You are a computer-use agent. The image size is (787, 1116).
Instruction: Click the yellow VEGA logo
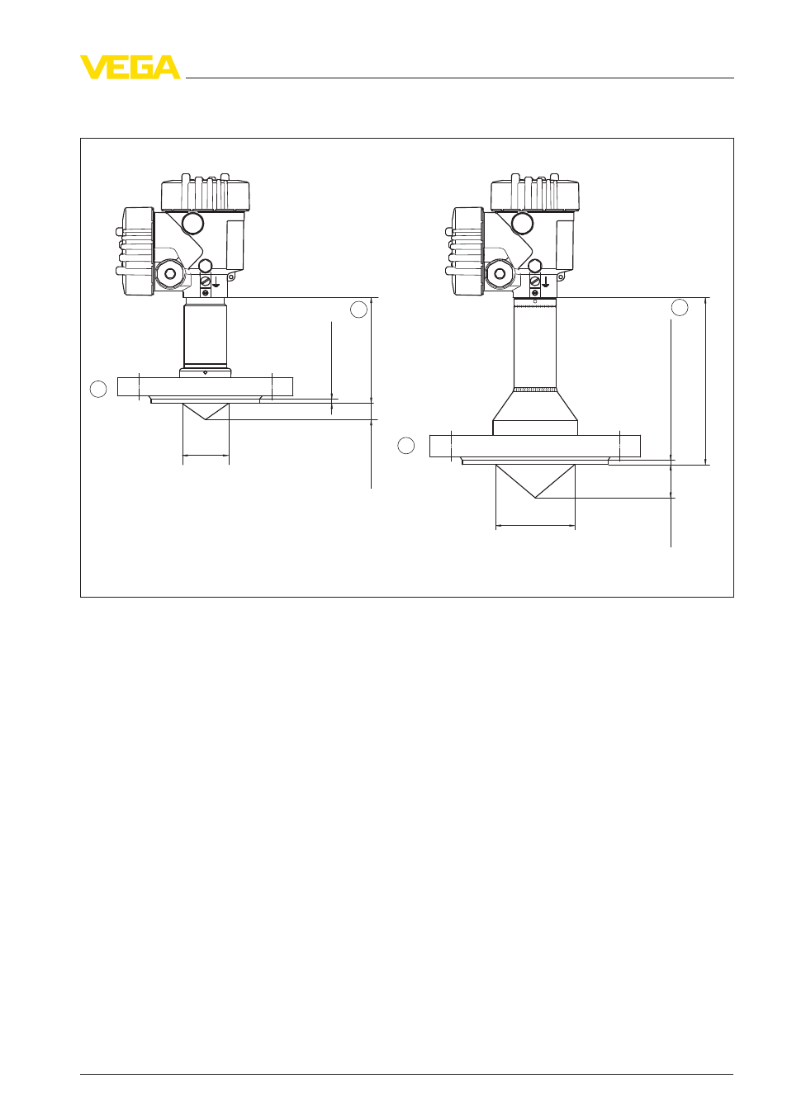pyautogui.click(x=130, y=67)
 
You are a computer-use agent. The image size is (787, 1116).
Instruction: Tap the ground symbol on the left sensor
pyautogui.click(x=216, y=282)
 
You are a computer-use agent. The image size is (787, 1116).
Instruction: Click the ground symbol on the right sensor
pyautogui.click(x=546, y=282)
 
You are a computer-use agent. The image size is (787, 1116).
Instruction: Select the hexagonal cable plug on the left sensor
pyautogui.click(x=169, y=273)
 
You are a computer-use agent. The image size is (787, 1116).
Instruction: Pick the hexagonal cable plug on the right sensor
pyautogui.click(x=499, y=273)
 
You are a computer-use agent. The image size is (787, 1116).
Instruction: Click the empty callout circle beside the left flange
pyautogui.click(x=98, y=389)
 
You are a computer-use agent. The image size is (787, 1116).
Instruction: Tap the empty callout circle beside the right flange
pyautogui.click(x=405, y=446)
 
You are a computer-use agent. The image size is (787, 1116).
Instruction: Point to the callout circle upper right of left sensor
pyautogui.click(x=359, y=310)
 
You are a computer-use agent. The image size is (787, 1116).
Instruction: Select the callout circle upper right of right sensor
pyautogui.click(x=680, y=307)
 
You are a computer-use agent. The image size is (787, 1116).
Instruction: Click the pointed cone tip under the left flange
pyautogui.click(x=206, y=419)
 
